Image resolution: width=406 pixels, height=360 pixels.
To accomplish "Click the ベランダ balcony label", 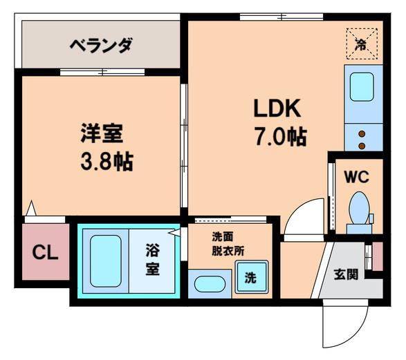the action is [101, 45].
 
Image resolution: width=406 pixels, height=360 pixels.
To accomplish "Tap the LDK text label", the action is [277, 108].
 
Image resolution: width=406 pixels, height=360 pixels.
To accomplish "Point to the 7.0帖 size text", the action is [282, 136].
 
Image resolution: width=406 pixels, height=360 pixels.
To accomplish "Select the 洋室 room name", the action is [102, 133].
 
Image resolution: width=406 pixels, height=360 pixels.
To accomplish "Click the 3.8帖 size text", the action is [107, 162].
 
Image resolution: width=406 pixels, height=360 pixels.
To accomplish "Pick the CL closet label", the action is [45, 252].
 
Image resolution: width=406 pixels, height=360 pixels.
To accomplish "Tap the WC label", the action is [356, 177].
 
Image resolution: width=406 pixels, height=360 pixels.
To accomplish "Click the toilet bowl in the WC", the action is [359, 208].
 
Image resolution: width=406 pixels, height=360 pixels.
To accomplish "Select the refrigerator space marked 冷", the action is [362, 44].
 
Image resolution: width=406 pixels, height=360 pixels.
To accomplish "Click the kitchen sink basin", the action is [362, 86].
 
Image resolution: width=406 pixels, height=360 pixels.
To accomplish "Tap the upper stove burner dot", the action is [362, 134].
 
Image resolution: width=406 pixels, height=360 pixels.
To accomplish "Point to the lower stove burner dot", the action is [362, 146].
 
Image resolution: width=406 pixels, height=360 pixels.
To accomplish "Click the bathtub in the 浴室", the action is [106, 260].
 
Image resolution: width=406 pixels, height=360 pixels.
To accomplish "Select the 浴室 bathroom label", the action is [153, 259].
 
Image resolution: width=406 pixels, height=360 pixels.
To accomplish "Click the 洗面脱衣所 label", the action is [228, 244].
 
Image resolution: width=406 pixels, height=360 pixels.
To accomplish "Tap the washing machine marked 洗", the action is [252, 277].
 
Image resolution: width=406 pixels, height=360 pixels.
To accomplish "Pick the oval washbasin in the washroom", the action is [210, 284].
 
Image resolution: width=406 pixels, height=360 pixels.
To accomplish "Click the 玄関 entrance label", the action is [346, 274].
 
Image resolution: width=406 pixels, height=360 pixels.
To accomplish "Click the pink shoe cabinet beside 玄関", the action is [378, 256].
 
